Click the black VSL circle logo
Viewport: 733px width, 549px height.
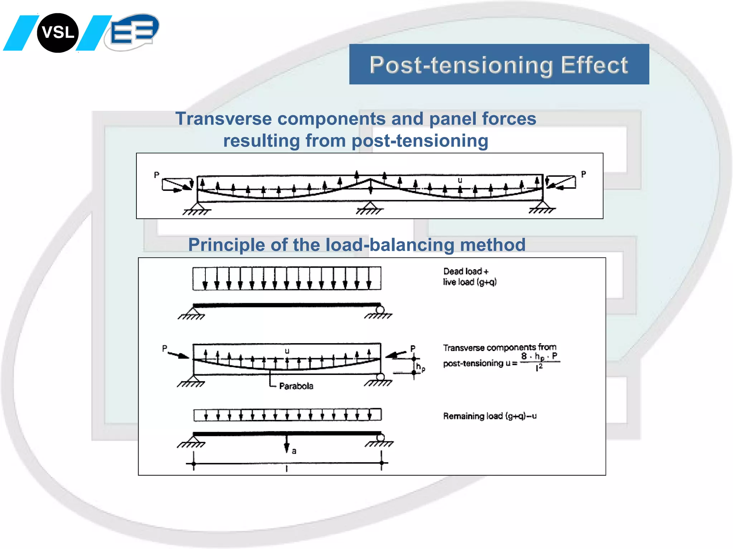coord(58,33)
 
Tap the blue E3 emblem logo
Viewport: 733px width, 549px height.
coord(133,32)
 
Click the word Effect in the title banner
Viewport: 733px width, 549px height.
coord(594,65)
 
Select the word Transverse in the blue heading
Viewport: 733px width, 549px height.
coord(223,119)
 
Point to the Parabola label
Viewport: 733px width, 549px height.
coord(296,386)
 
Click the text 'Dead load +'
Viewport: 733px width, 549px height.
coord(465,271)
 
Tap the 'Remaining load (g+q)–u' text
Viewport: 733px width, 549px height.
coord(490,416)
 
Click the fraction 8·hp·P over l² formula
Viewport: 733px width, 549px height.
coord(540,361)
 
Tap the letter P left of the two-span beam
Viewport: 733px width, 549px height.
coord(156,175)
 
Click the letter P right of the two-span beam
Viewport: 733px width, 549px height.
coord(583,174)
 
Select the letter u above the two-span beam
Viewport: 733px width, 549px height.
coord(460,180)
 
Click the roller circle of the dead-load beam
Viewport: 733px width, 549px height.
coord(380,310)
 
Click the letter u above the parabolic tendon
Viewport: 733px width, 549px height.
coord(287,351)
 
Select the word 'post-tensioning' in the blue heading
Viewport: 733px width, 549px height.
coord(420,141)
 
